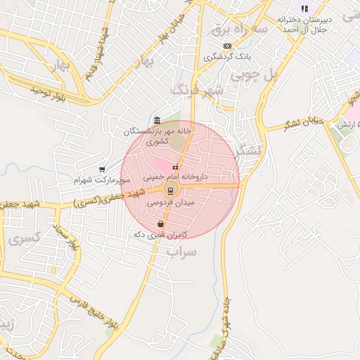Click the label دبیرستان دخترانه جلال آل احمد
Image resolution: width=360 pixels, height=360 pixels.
click(x=304, y=23)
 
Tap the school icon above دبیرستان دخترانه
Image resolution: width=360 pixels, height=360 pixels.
click(x=304, y=8)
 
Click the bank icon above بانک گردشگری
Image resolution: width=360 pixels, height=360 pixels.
click(x=227, y=45)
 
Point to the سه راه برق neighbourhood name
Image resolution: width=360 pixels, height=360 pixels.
click(x=241, y=30)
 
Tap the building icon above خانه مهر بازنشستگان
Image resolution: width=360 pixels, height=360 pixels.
click(x=156, y=120)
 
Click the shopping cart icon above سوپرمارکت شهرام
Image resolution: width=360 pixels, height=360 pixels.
click(x=103, y=169)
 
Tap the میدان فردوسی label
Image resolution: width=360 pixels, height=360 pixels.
click(x=169, y=202)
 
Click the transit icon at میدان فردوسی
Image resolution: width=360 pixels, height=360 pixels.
click(x=169, y=191)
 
